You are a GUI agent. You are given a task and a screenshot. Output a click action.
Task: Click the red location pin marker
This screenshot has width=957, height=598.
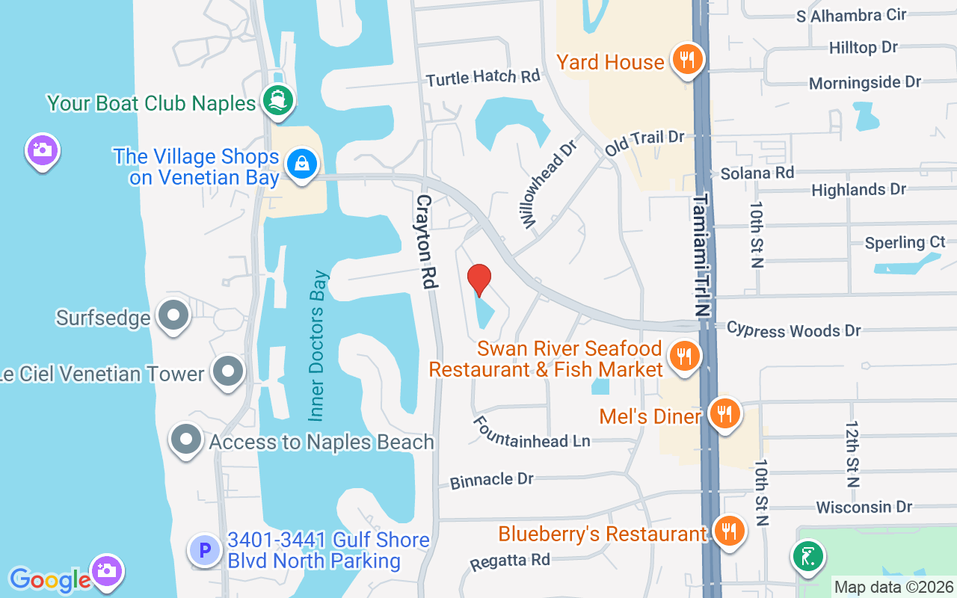(479, 280)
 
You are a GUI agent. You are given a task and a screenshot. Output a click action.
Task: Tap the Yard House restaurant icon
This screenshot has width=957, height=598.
(685, 59)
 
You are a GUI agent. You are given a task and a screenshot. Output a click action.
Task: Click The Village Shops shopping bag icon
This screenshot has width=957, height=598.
(302, 164)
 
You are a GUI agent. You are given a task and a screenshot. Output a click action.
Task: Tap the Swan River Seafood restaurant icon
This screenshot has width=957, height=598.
(683, 355)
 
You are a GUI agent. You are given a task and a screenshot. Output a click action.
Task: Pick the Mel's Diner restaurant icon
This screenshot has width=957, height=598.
(724, 413)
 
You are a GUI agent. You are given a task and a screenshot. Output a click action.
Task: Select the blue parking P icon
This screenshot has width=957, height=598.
(203, 551)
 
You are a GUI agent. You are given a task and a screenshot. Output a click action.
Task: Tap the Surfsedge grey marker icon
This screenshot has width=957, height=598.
(173, 316)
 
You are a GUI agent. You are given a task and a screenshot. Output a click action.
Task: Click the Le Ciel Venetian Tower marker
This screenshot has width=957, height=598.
(227, 371)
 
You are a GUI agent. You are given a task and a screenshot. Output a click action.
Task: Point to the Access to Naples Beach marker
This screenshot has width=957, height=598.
(185, 440)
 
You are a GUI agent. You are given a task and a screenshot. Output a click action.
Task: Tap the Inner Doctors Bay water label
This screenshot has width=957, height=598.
(319, 345)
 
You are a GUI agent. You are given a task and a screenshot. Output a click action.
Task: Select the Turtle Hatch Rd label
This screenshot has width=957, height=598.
(482, 77)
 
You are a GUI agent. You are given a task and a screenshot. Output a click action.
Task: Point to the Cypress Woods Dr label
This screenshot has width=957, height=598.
(793, 329)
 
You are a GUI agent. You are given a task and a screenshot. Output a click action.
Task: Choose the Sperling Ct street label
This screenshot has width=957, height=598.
(905, 243)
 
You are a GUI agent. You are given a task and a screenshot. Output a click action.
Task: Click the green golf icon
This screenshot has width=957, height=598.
(808, 557)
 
